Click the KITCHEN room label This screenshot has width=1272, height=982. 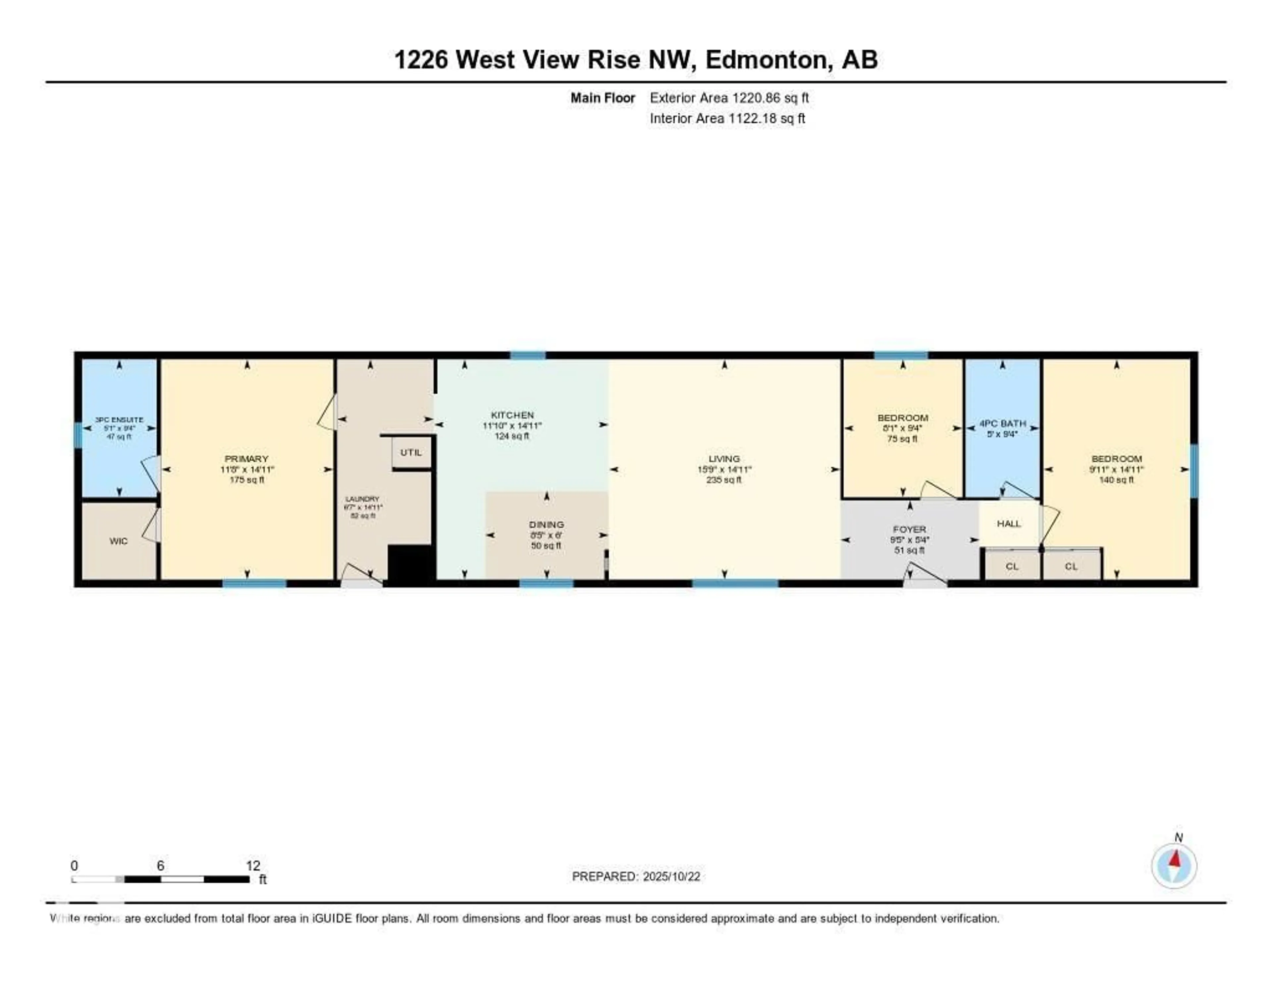512,415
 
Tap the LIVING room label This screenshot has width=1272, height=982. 724,459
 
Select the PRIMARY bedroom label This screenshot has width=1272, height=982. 246,459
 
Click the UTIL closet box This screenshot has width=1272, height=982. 411,452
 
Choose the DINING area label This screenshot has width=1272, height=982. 546,524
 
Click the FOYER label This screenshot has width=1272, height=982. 909,529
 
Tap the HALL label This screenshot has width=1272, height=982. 1009,523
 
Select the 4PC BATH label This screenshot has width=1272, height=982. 1002,424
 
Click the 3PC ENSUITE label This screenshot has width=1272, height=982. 119,420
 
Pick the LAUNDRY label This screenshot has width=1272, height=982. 362,499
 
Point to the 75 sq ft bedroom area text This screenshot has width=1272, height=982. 902,439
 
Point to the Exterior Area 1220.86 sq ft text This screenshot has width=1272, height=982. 729,98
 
